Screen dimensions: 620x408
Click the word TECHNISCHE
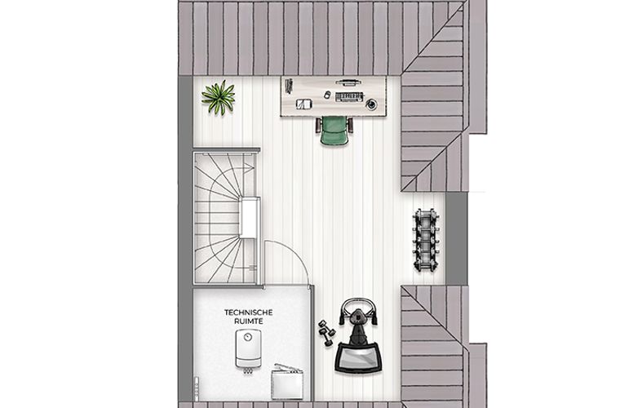click(248, 313)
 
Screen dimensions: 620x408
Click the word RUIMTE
click(248, 322)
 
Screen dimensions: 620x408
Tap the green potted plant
click(219, 97)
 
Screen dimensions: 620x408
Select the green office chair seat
click(334, 131)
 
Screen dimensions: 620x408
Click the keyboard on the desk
click(349, 97)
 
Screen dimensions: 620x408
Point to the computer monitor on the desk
click(346, 82)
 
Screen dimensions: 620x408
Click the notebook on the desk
click(304, 104)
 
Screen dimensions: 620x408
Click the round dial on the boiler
click(248, 337)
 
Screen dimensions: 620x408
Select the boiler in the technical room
click(248, 349)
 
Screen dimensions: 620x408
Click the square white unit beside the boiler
click(287, 384)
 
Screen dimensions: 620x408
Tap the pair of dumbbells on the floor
click(326, 333)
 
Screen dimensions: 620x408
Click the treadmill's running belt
click(358, 357)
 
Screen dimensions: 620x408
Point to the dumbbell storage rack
click(426, 241)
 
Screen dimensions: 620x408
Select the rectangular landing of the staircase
click(250, 218)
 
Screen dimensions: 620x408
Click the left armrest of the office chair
click(317, 126)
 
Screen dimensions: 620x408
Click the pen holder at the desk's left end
click(289, 86)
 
